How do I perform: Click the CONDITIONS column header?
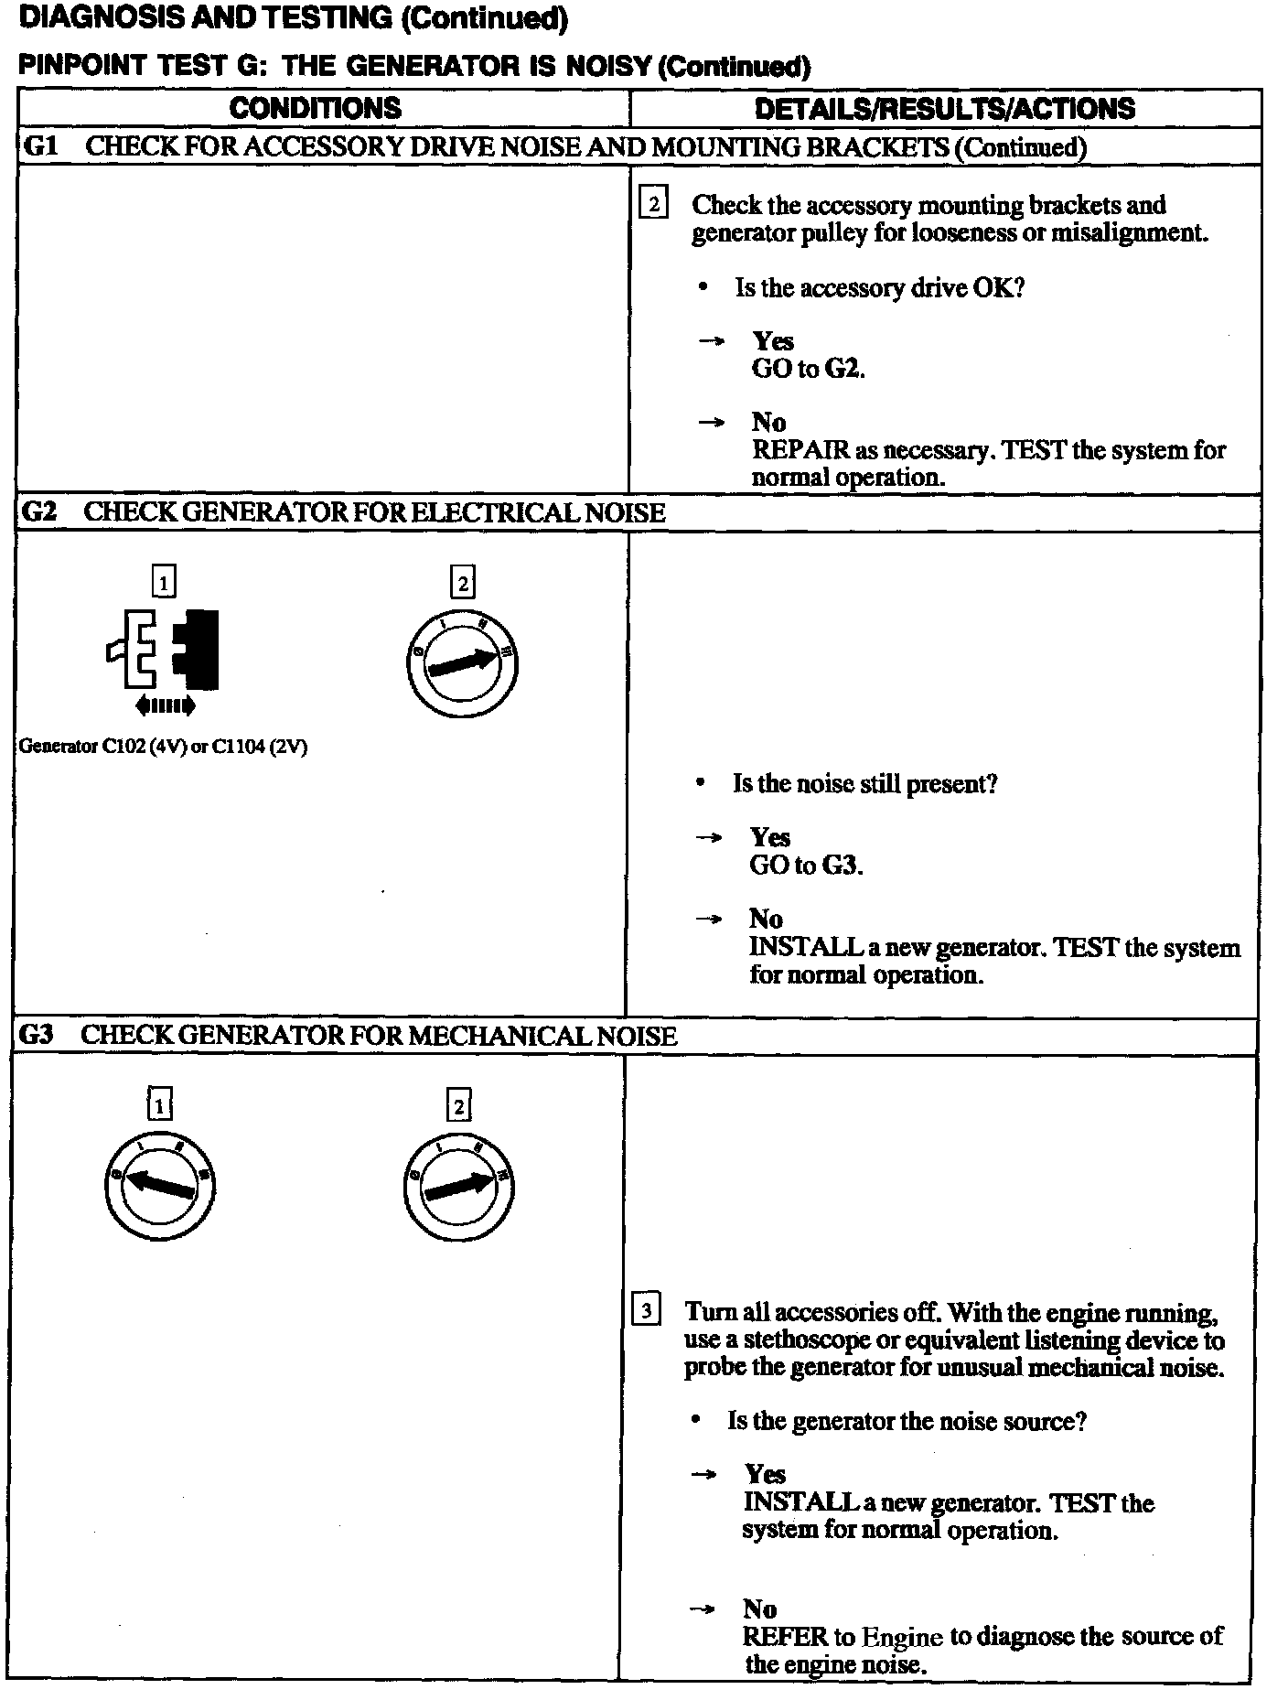[x=315, y=108]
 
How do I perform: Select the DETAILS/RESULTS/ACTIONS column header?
[x=944, y=109]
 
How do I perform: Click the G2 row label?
[x=38, y=511]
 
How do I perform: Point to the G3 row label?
[x=36, y=1035]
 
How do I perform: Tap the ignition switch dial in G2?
[x=461, y=661]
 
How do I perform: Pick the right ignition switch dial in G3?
[x=457, y=1187]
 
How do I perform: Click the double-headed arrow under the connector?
[x=165, y=705]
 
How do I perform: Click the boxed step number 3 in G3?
[x=646, y=1311]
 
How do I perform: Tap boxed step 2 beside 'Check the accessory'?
[x=652, y=203]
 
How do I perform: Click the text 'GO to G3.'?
[x=806, y=865]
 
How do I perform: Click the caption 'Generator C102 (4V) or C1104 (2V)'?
[x=163, y=747]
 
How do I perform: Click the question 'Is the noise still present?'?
[x=864, y=784]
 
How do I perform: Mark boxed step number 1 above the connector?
[x=164, y=582]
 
